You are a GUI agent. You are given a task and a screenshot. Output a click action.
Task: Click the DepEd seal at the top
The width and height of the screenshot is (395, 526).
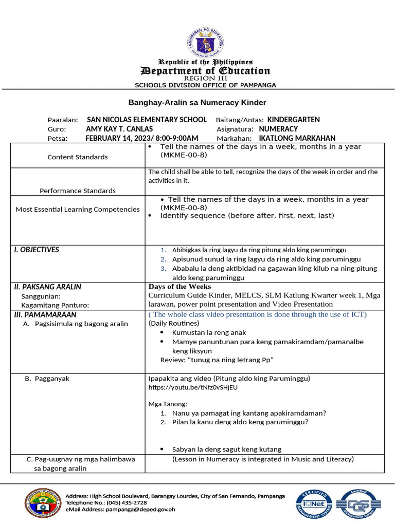(206, 41)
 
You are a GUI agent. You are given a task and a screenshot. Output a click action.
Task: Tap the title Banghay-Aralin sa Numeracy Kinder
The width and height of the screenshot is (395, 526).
(197, 103)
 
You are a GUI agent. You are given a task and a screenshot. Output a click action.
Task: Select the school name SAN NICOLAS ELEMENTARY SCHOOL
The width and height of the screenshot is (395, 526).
(147, 120)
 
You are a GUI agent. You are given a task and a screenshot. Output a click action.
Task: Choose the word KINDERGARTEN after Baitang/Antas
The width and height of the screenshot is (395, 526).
(294, 120)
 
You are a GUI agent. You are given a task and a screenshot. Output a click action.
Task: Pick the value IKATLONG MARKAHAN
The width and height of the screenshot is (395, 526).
(297, 138)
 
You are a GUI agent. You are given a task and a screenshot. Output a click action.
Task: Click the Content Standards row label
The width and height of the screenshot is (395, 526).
(78, 157)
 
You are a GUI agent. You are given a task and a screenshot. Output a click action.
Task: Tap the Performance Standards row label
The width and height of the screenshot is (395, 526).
(77, 191)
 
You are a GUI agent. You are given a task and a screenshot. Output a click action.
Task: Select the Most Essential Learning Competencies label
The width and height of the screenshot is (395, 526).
(78, 210)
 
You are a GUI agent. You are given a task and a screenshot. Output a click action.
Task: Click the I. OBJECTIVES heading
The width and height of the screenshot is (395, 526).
(37, 250)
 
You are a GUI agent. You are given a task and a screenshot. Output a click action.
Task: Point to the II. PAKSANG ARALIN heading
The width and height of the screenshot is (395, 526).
(47, 287)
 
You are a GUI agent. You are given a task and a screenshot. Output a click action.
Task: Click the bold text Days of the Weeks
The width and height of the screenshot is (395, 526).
(179, 287)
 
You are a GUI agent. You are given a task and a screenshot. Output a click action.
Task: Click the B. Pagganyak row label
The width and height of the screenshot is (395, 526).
(47, 379)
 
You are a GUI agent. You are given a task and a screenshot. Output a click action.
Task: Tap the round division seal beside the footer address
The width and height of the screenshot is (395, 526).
(42, 502)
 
